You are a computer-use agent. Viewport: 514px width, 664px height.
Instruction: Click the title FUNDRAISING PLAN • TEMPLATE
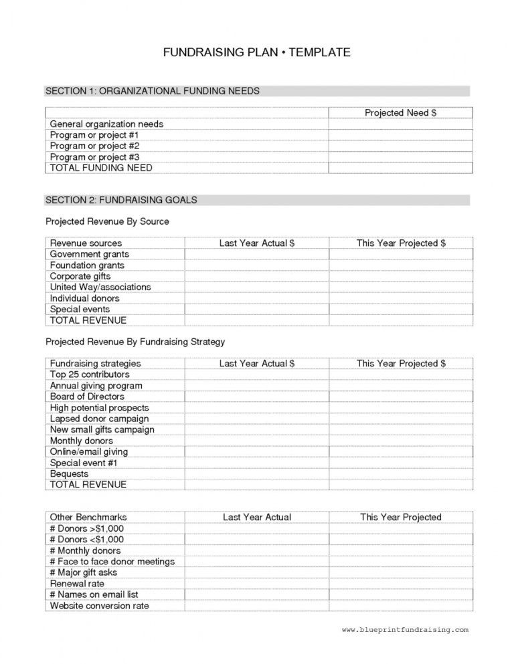click(x=256, y=53)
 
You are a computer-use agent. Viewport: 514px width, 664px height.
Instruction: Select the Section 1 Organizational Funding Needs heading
click(x=152, y=91)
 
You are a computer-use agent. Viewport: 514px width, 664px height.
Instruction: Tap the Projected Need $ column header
click(x=400, y=113)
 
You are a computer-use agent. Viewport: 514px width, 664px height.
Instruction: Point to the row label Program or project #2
click(x=94, y=146)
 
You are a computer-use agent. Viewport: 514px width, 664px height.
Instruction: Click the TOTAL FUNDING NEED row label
click(x=101, y=168)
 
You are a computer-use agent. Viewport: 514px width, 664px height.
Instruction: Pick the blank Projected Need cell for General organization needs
click(x=400, y=124)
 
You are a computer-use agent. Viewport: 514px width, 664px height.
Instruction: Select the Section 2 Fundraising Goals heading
click(x=121, y=200)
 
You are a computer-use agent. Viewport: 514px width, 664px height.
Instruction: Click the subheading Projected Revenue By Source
click(x=107, y=221)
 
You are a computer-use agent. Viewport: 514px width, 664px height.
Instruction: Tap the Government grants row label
click(x=90, y=254)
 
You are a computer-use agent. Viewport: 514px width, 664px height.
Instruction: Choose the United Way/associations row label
click(x=100, y=287)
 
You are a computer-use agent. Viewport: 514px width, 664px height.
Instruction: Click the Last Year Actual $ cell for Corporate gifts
click(x=256, y=276)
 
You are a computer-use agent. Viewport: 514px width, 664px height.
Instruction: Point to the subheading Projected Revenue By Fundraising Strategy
click(x=135, y=342)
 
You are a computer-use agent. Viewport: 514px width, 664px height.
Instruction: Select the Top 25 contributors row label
click(x=90, y=374)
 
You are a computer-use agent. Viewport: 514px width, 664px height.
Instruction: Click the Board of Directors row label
click(x=87, y=397)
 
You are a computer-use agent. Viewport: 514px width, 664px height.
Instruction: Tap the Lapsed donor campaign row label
click(x=99, y=419)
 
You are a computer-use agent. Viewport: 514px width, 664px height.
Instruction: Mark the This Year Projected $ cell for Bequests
click(x=400, y=473)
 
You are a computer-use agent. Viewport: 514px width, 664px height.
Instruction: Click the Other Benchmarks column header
click(x=88, y=517)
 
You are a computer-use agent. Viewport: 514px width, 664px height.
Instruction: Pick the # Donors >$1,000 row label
click(x=87, y=528)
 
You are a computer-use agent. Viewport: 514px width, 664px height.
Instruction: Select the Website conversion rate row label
click(x=99, y=606)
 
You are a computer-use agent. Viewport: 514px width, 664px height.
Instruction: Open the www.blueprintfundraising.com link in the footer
click(x=405, y=630)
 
